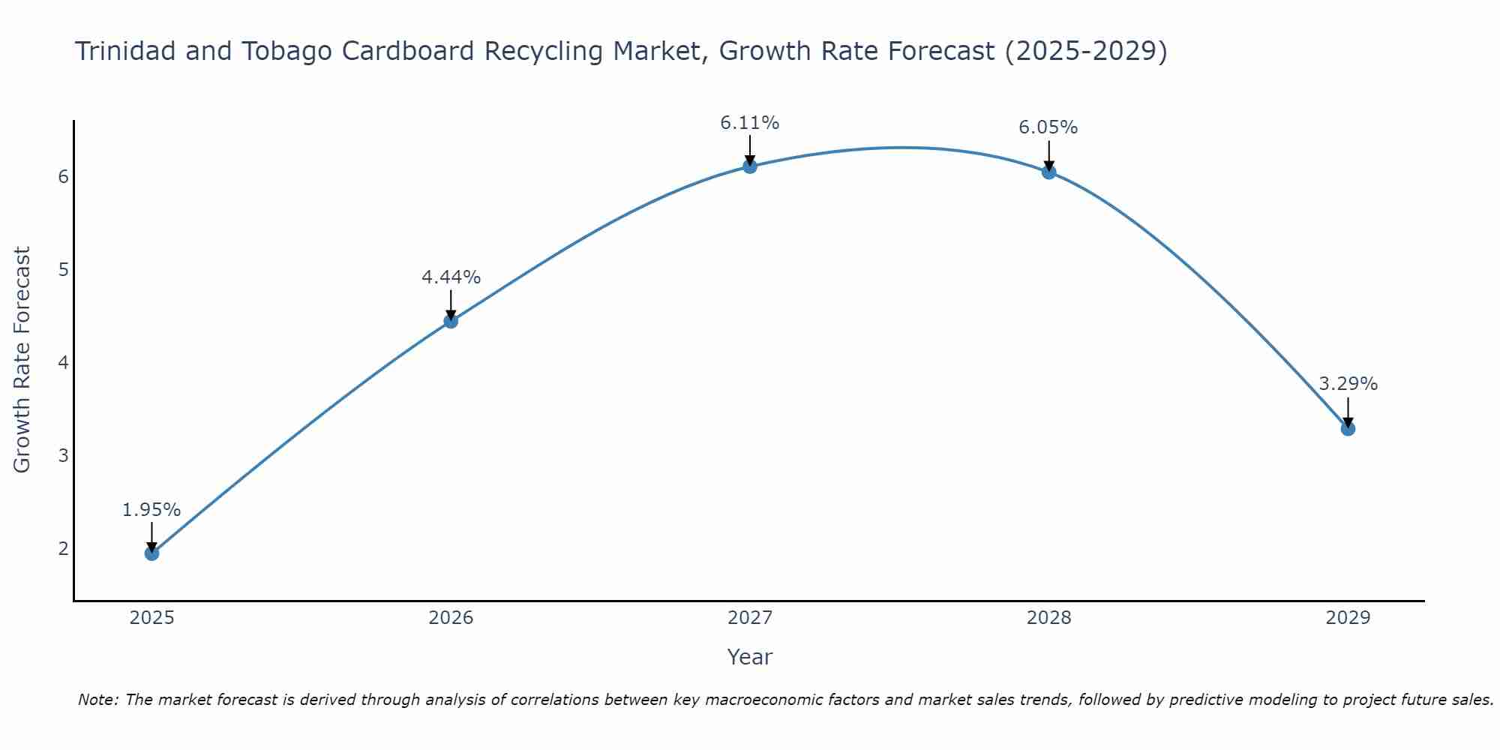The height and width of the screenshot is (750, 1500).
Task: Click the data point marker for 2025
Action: point(151,553)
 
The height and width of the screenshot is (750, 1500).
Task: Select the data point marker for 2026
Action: point(451,321)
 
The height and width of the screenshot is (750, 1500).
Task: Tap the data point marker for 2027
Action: point(750,166)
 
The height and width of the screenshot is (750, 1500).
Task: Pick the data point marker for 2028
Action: point(1048,172)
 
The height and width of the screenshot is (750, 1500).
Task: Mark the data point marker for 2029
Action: point(1348,429)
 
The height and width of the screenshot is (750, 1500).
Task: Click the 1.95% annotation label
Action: point(151,510)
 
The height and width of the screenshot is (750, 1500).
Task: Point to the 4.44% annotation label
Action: point(451,277)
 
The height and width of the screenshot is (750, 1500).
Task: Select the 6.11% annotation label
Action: point(750,123)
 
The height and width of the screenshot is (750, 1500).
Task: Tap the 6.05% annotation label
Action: point(1048,128)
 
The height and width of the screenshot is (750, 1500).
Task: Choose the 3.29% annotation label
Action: point(1348,384)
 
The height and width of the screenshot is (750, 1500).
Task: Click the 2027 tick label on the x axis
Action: point(750,618)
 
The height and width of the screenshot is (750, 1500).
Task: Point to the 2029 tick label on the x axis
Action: point(1348,618)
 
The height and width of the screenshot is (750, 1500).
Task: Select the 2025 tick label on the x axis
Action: point(151,618)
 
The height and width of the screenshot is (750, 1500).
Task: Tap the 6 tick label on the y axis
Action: point(64,176)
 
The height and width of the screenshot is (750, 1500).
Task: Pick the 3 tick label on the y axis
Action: point(64,455)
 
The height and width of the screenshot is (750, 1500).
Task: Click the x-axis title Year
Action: point(750,657)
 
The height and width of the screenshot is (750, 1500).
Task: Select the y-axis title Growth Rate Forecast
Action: point(22,360)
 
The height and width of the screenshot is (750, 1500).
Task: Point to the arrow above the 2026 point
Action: point(451,304)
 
